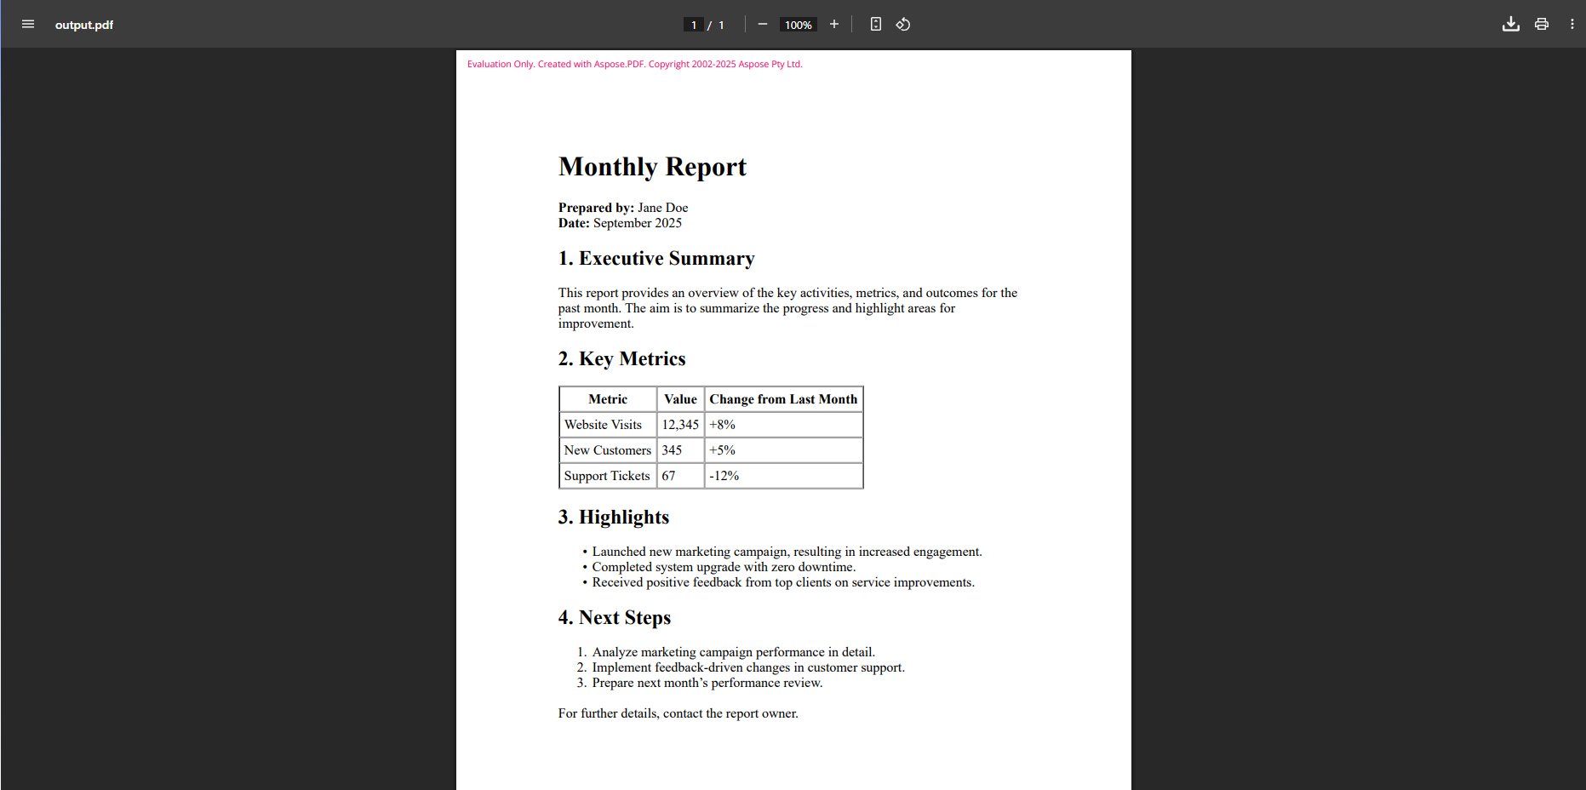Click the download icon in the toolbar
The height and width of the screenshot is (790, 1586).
coord(1510,24)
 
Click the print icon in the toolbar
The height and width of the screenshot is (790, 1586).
coord(1541,24)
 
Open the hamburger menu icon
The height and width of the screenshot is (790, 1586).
coord(28,24)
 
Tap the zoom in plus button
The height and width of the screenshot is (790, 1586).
coord(834,24)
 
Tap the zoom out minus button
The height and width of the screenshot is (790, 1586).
coord(763,24)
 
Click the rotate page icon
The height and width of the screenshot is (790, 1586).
coord(903,24)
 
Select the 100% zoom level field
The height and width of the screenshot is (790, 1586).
coord(798,25)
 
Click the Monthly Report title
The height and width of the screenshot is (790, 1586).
coord(652,167)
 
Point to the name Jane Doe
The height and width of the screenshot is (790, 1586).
coord(662,208)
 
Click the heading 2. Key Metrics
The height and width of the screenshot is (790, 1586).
coord(621,359)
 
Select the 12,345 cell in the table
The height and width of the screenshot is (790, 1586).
coord(680,425)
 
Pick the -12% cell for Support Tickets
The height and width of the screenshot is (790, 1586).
coord(724,476)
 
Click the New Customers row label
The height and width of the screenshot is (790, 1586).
coord(607,450)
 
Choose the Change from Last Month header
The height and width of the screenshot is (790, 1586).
coord(783,399)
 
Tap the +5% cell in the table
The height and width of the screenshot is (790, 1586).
coord(723,450)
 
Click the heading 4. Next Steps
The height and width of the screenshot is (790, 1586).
coord(614,618)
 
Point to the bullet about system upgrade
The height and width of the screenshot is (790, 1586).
coord(724,567)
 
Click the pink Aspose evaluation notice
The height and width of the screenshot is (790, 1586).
coord(634,64)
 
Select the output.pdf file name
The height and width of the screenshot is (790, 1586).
coord(84,25)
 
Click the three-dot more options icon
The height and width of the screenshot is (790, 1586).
coord(1572,24)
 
